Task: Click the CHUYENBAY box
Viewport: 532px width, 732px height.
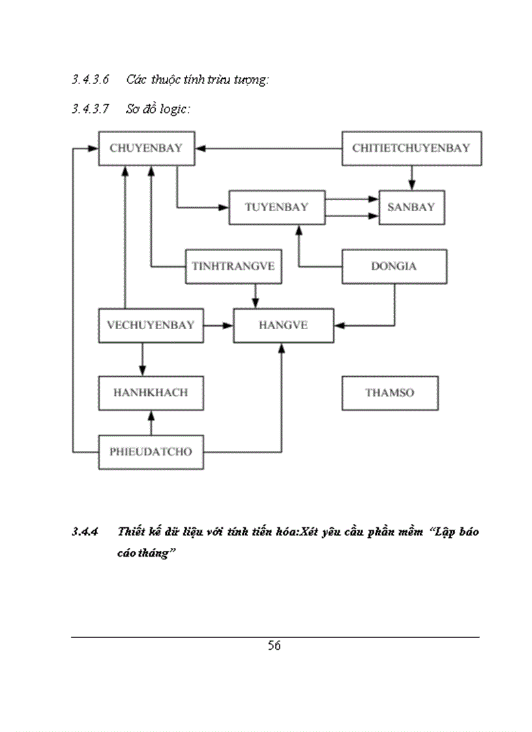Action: point(145,148)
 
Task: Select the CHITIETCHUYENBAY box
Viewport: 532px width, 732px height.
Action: point(411,148)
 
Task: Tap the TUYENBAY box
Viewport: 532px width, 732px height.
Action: point(276,207)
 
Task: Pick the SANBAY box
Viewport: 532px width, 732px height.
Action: point(411,207)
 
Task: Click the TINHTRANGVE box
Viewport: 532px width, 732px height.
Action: point(233,266)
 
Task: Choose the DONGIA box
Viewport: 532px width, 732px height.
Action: point(394,266)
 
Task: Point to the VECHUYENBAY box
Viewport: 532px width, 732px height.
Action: point(151,324)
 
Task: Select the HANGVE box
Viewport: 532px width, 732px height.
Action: point(283,324)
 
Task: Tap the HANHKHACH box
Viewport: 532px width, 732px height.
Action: point(151,393)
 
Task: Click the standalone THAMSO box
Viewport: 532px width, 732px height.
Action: point(389,393)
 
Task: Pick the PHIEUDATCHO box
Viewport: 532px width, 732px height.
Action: point(151,451)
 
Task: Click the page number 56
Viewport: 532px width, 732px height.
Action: point(274,646)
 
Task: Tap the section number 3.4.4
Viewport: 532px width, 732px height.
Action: point(85,532)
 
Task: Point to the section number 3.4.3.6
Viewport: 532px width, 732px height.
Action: point(90,80)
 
